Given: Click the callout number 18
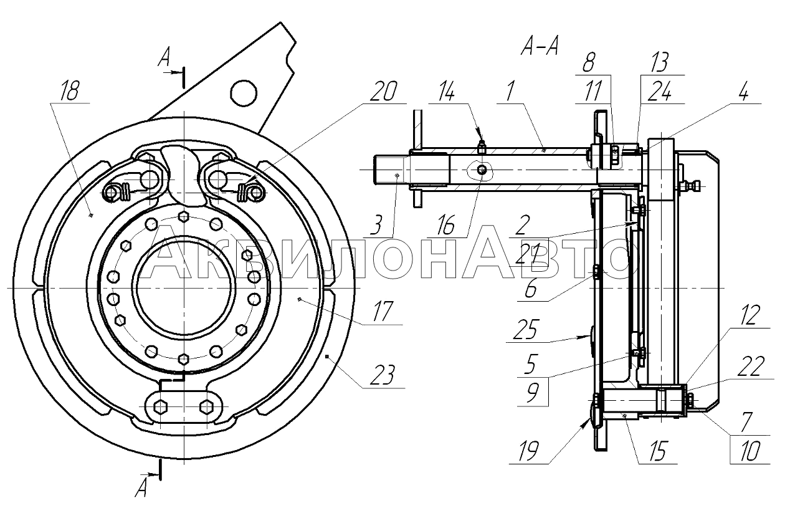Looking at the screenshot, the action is (x=70, y=91).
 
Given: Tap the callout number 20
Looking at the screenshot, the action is (x=383, y=92).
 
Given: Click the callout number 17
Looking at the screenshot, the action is (x=383, y=311).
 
